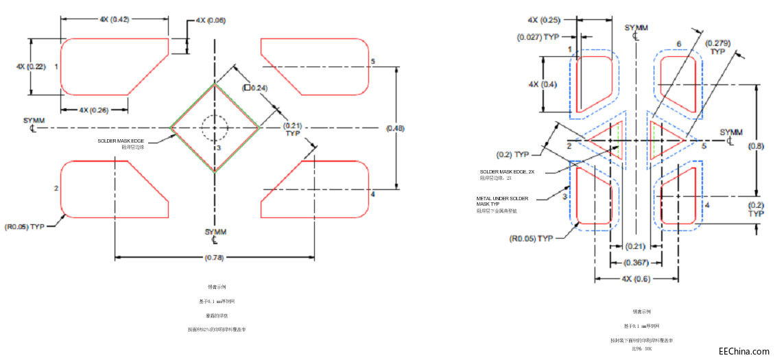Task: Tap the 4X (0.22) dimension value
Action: coord(30,66)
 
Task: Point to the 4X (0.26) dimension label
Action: coord(93,110)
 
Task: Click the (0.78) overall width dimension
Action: coord(215,257)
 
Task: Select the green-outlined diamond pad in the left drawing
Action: coord(215,127)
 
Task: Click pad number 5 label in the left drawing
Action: coord(372,62)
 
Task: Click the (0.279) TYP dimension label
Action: coord(718,47)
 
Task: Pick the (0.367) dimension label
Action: coord(635,263)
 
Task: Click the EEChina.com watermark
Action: coord(743,351)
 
